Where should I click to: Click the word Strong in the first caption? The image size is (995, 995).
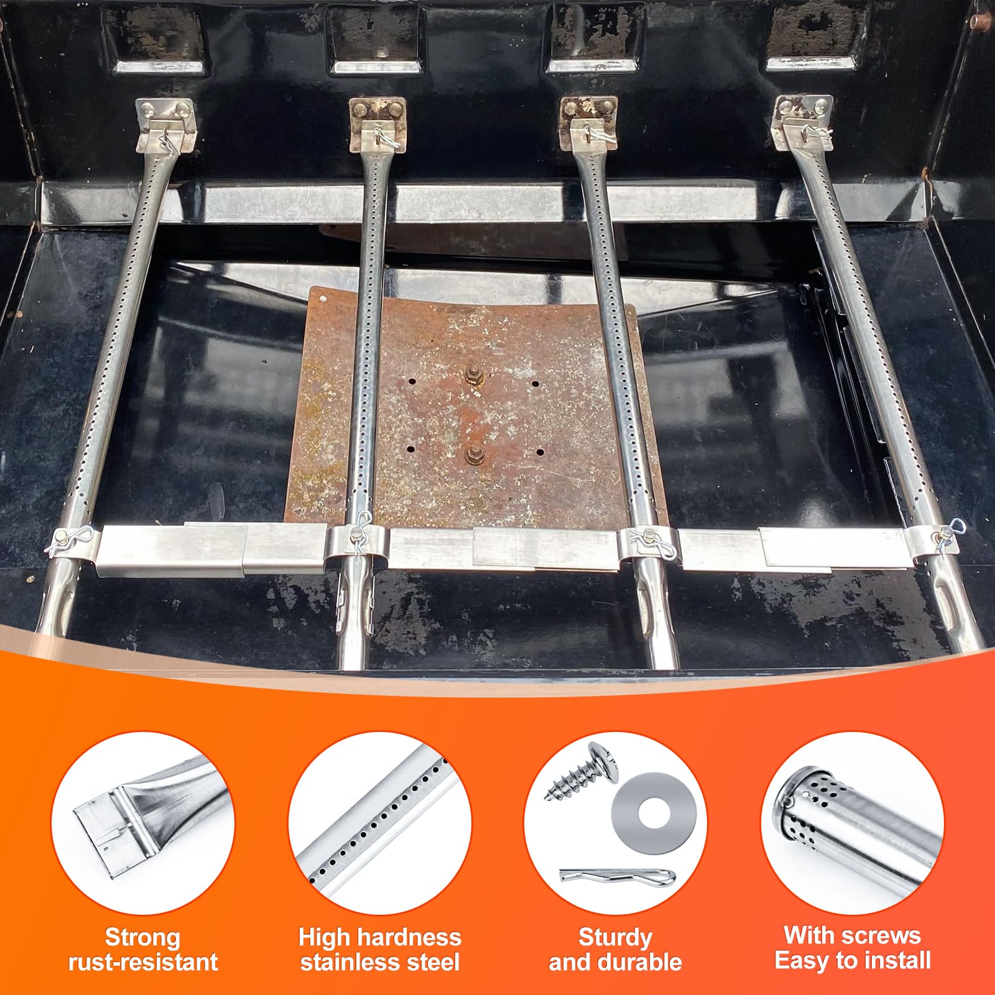click(x=142, y=937)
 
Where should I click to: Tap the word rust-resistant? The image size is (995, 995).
click(x=143, y=962)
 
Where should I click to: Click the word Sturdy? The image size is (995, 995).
click(x=616, y=937)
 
